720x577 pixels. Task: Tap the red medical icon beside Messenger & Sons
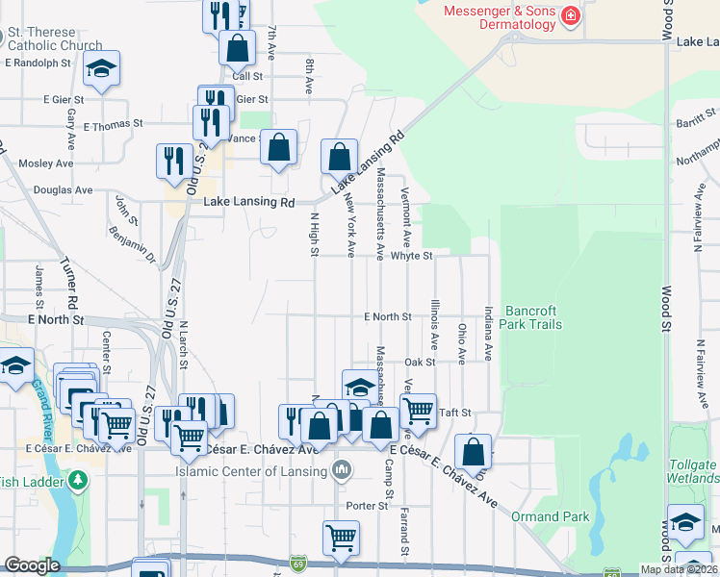click(x=571, y=15)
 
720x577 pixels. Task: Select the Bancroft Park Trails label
click(x=533, y=317)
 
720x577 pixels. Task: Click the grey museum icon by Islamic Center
click(x=341, y=470)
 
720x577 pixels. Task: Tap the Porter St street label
click(x=367, y=505)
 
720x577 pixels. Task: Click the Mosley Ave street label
click(x=39, y=163)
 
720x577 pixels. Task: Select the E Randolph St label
click(x=38, y=63)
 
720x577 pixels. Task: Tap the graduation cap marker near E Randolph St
click(x=101, y=68)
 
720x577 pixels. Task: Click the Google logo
click(x=32, y=565)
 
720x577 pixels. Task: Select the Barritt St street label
click(x=691, y=124)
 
